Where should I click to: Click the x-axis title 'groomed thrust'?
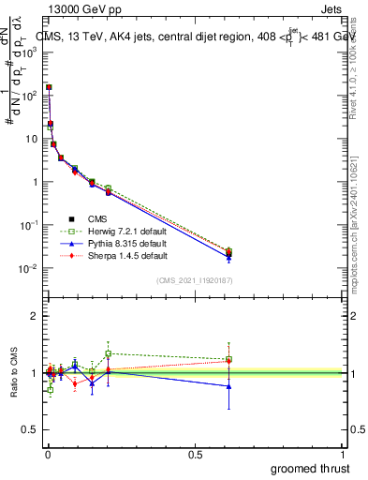(310, 468)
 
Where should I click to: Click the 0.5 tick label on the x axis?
(196, 454)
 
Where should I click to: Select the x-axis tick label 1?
(345, 454)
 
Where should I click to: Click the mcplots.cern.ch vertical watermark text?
(357, 234)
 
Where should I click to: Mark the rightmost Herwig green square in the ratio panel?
(228, 359)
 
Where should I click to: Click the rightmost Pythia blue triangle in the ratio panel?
(228, 386)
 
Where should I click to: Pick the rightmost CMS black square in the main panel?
(228, 253)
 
